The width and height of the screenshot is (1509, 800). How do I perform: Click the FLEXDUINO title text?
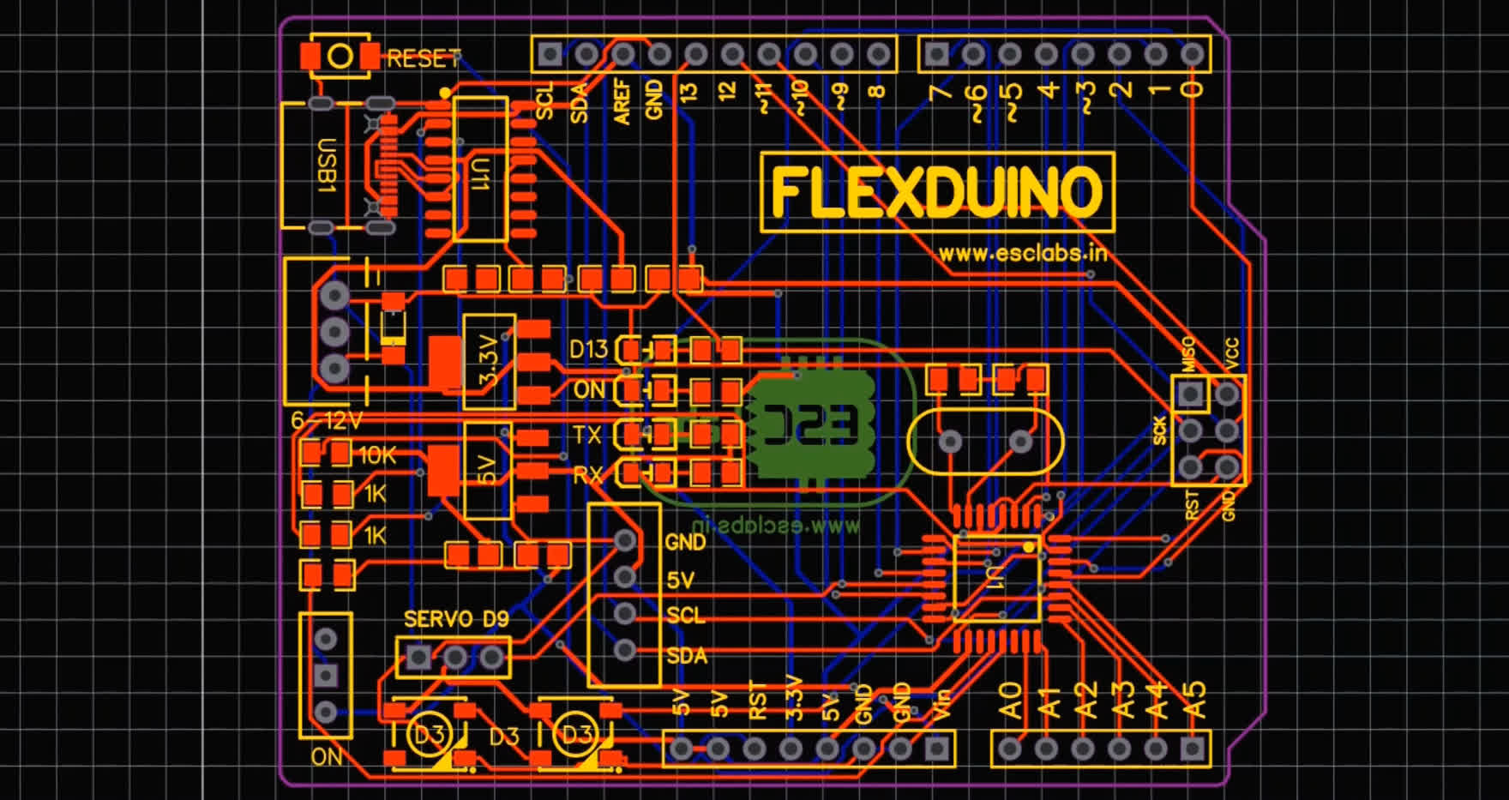(x=936, y=191)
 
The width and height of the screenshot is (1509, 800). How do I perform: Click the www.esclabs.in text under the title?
(x=1022, y=254)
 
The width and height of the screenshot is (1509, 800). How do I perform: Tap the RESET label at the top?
(x=423, y=58)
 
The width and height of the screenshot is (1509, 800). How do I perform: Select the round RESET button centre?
(x=340, y=57)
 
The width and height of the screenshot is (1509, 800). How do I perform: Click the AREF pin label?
(x=622, y=102)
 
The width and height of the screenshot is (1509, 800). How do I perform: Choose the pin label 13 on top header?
(x=689, y=92)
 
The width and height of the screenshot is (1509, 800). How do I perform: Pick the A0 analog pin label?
(x=1012, y=700)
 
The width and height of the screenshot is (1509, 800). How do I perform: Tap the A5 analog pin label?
(x=1194, y=700)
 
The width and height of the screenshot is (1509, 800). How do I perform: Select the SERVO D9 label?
(x=455, y=619)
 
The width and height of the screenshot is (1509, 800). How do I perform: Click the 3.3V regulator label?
(x=488, y=361)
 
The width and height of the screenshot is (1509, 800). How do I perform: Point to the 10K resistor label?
(x=377, y=455)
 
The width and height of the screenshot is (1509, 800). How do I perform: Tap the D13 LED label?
(x=588, y=349)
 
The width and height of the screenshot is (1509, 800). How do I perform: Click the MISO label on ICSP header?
(x=1188, y=354)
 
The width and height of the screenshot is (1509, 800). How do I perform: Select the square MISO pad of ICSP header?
(x=1190, y=394)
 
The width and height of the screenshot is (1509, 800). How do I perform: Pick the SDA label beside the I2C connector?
(x=687, y=656)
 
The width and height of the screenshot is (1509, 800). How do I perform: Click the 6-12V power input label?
(x=327, y=421)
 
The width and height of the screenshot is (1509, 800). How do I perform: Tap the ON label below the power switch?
(x=326, y=757)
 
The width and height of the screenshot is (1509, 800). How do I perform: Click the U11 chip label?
(x=480, y=172)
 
